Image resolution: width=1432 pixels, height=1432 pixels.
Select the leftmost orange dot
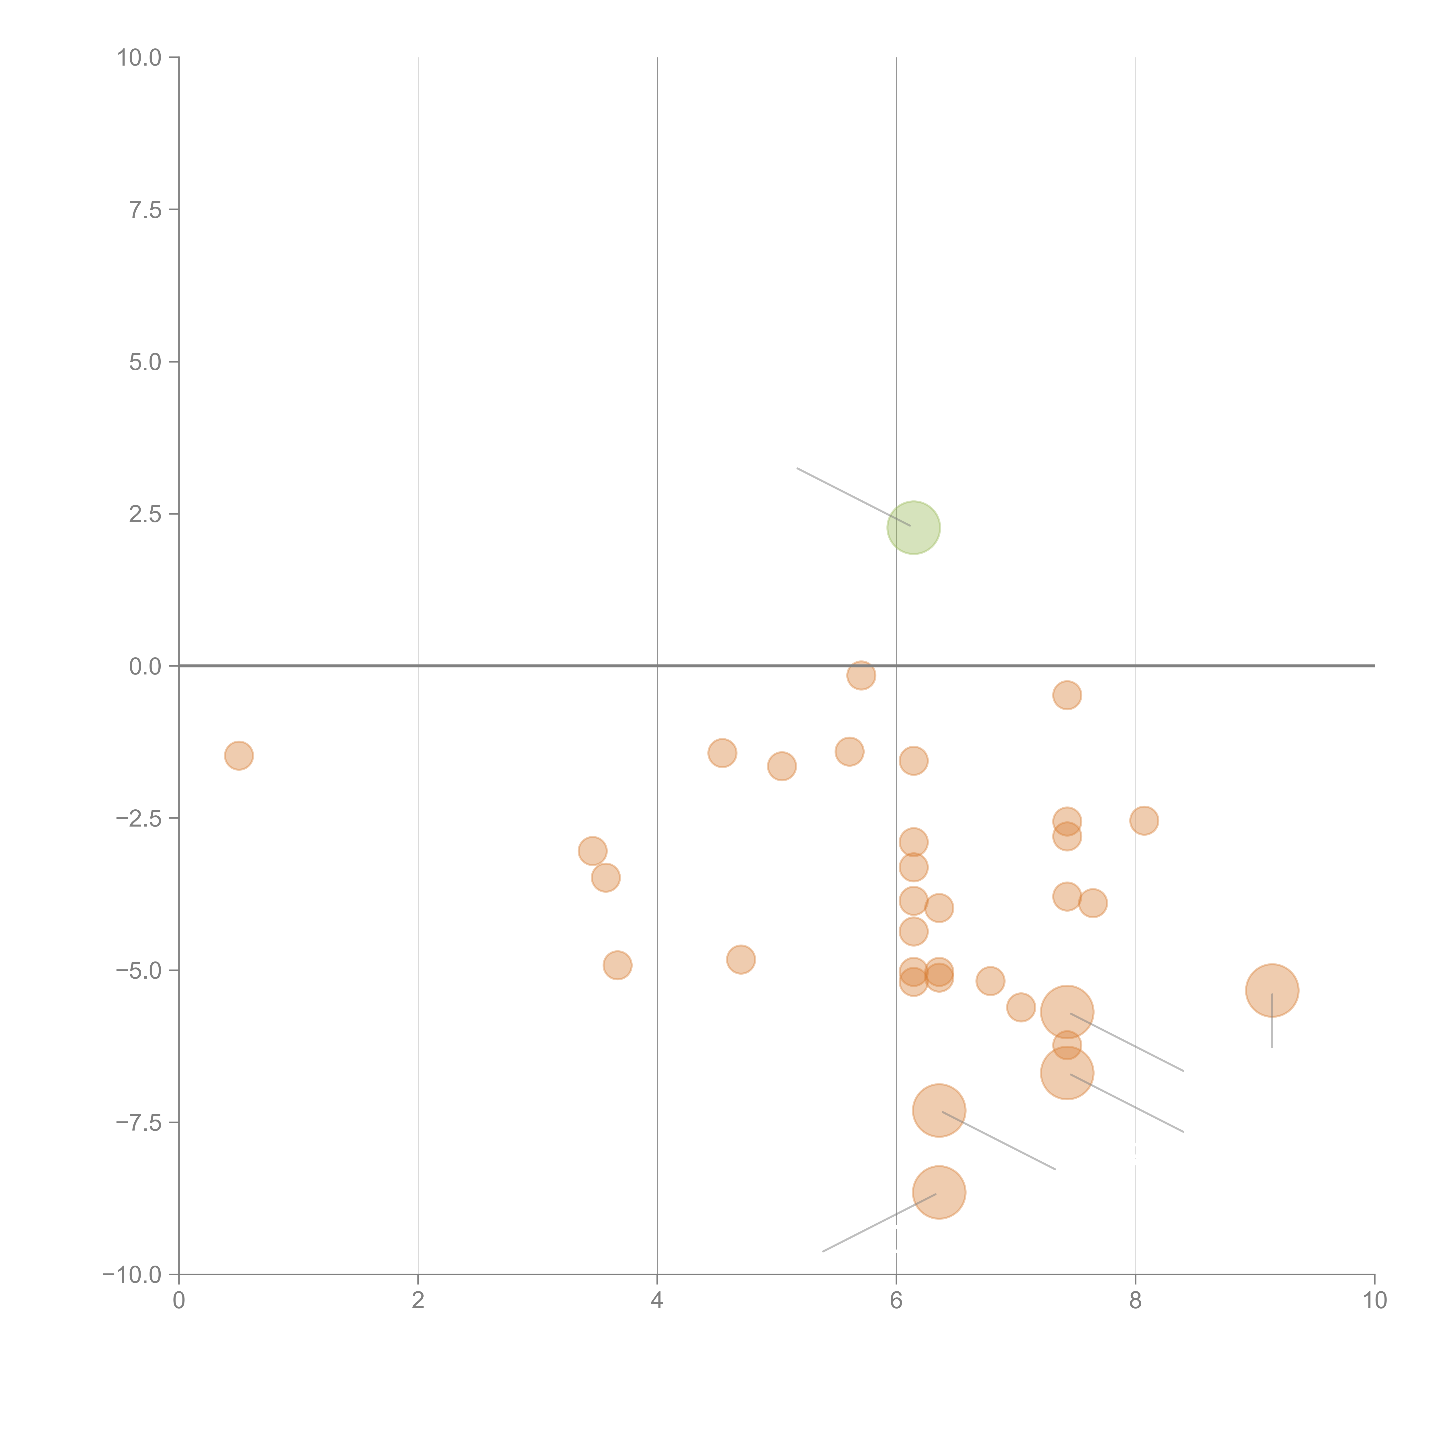239,755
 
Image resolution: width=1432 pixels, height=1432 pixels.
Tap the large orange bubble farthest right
1272,990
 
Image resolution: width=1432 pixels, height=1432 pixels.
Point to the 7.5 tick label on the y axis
145,210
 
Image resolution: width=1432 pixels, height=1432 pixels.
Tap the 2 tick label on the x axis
418,1301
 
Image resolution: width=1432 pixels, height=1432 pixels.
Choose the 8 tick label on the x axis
1136,1301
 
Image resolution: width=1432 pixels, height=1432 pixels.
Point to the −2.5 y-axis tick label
139,818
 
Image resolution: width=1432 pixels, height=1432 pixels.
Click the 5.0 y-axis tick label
145,363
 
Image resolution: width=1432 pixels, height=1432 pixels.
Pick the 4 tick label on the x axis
657,1301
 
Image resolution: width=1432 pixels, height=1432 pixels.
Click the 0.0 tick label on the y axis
145,666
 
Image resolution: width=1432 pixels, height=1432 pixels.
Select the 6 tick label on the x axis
896,1301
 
